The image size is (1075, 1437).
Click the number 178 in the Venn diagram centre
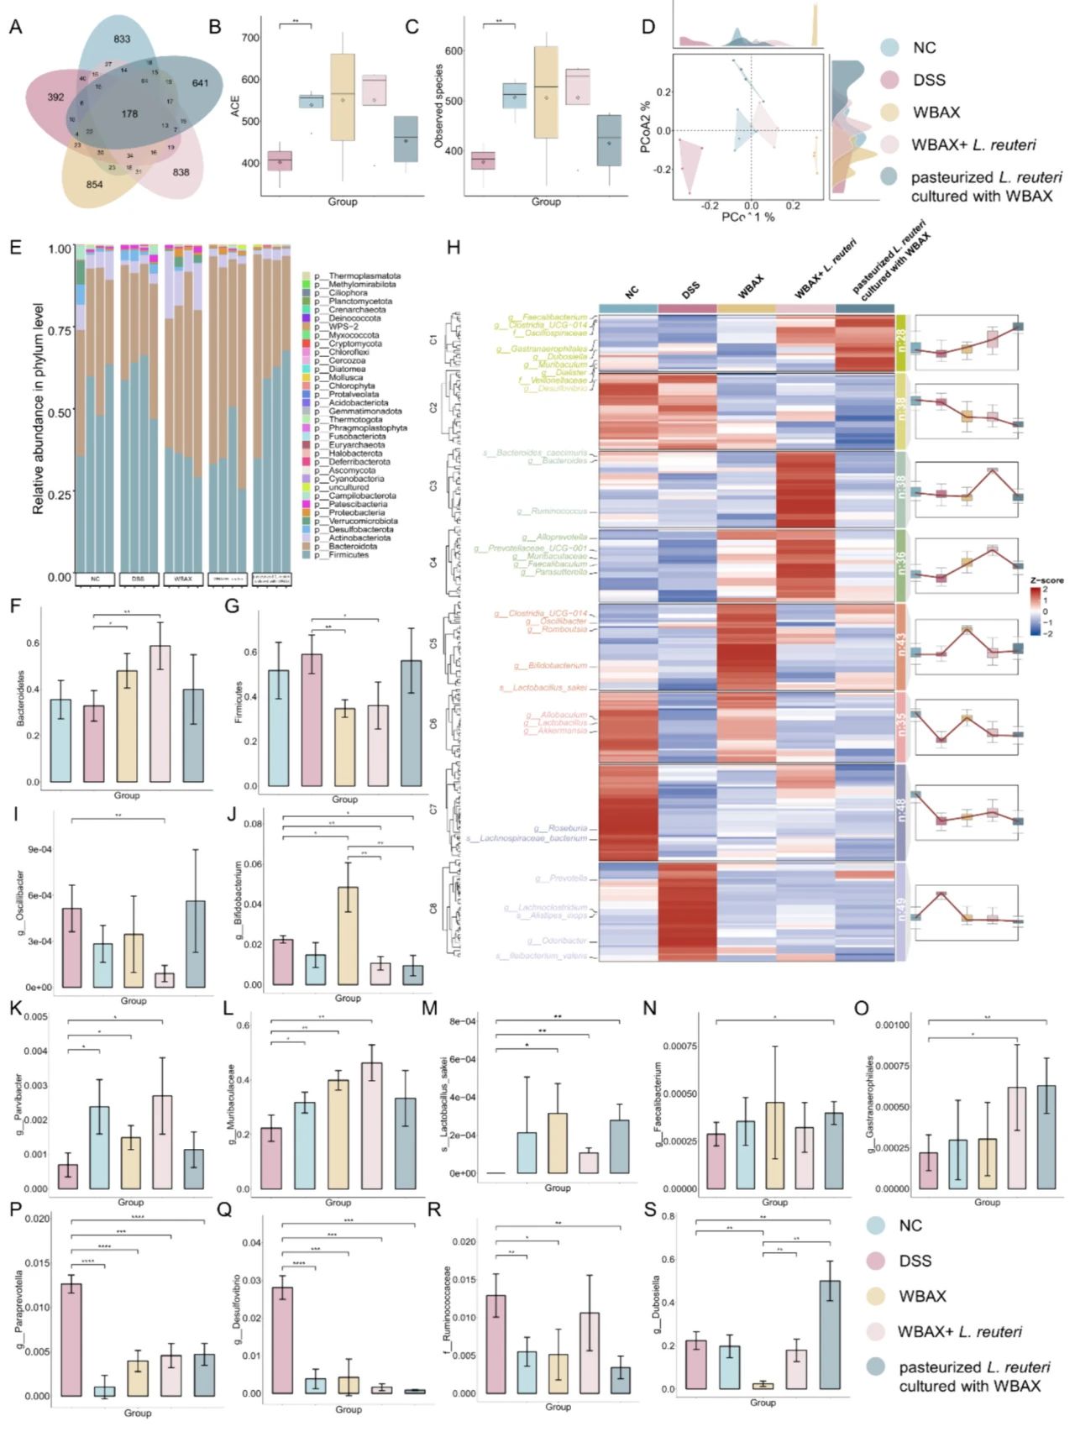129,113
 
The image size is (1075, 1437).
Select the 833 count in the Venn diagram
122,39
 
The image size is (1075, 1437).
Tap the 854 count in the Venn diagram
94,184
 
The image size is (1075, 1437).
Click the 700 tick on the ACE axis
250,38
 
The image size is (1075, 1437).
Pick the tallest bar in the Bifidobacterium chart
348,936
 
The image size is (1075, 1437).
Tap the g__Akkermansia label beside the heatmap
556,731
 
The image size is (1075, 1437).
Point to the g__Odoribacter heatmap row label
558,941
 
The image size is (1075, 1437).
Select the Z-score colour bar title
1046,580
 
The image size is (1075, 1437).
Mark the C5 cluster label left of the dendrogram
433,643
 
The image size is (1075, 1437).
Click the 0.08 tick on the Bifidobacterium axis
253,824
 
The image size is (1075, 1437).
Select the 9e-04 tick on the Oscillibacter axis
40,849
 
